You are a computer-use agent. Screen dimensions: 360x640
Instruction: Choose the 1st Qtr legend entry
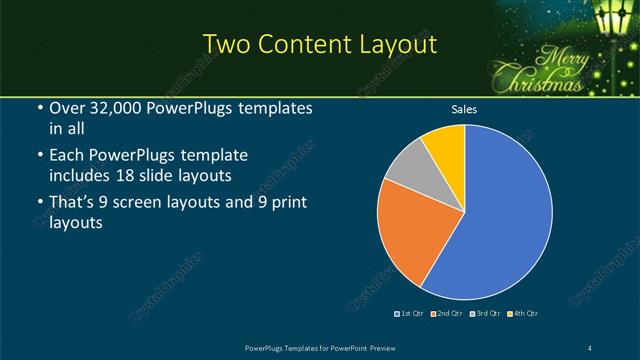point(411,314)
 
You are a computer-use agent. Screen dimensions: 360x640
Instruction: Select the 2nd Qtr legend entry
point(446,314)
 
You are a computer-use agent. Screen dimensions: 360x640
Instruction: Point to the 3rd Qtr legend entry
point(484,314)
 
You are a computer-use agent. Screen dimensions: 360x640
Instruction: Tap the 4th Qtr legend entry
point(522,314)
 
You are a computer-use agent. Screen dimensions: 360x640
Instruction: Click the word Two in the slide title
point(224,44)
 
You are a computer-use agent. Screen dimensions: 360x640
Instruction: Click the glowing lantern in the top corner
point(612,18)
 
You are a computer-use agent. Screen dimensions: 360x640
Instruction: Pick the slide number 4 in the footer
point(592,346)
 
